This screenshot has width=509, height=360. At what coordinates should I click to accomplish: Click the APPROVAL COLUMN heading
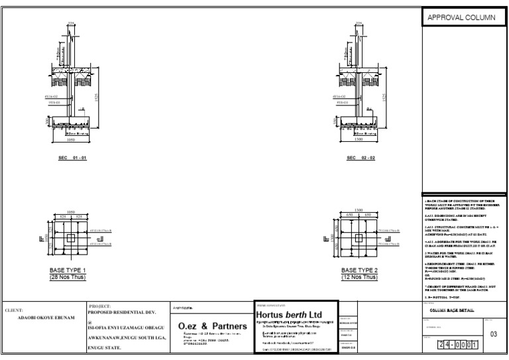point(461,18)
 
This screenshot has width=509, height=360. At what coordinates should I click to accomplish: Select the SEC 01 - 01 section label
point(72,158)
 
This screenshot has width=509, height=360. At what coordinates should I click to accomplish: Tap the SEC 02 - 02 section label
point(361,158)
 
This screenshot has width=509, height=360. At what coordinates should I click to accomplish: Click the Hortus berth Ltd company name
point(288,314)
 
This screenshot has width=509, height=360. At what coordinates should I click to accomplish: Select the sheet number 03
point(493,335)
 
